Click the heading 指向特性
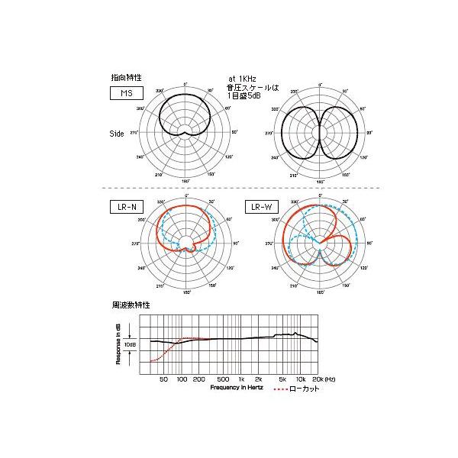pos(126,78)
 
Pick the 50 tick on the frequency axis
pos(164,379)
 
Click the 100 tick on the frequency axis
pos(182,379)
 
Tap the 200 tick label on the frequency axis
pos(199,379)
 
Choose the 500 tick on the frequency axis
pos(223,379)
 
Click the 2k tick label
pos(259,379)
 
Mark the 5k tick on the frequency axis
pos(282,379)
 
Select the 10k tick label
pos(300,379)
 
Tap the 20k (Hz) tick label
pos(323,379)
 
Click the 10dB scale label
pos(131,344)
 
